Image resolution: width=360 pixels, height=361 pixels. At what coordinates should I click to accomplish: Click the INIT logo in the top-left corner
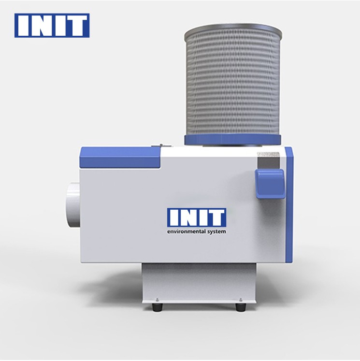click(x=52, y=25)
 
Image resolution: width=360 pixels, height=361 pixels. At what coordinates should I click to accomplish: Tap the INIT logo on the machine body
click(x=197, y=217)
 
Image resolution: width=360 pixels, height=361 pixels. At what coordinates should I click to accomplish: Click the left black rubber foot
click(x=158, y=307)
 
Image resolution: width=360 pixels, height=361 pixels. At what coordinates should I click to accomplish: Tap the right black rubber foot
click(x=241, y=307)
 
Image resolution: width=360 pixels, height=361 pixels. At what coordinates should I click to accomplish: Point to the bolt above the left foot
click(x=158, y=300)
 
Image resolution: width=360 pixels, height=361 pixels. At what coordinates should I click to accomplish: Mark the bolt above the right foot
click(x=241, y=300)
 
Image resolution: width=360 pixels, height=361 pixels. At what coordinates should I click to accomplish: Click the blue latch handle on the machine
click(x=270, y=184)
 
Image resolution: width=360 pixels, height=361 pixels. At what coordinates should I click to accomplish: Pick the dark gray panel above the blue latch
click(x=268, y=160)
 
